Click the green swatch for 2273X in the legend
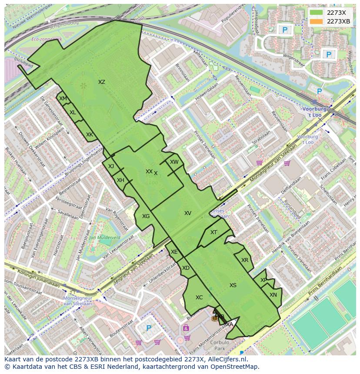317,13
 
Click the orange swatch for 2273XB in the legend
317,21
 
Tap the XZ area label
101,82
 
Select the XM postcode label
63,99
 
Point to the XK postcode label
89,135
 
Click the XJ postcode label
111,166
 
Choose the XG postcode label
146,216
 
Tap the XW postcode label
174,162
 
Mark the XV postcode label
188,213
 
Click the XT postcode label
213,232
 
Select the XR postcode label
245,260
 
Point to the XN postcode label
273,295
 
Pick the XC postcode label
199,298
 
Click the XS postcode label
233,285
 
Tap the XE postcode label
174,252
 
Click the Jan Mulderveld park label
104,238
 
